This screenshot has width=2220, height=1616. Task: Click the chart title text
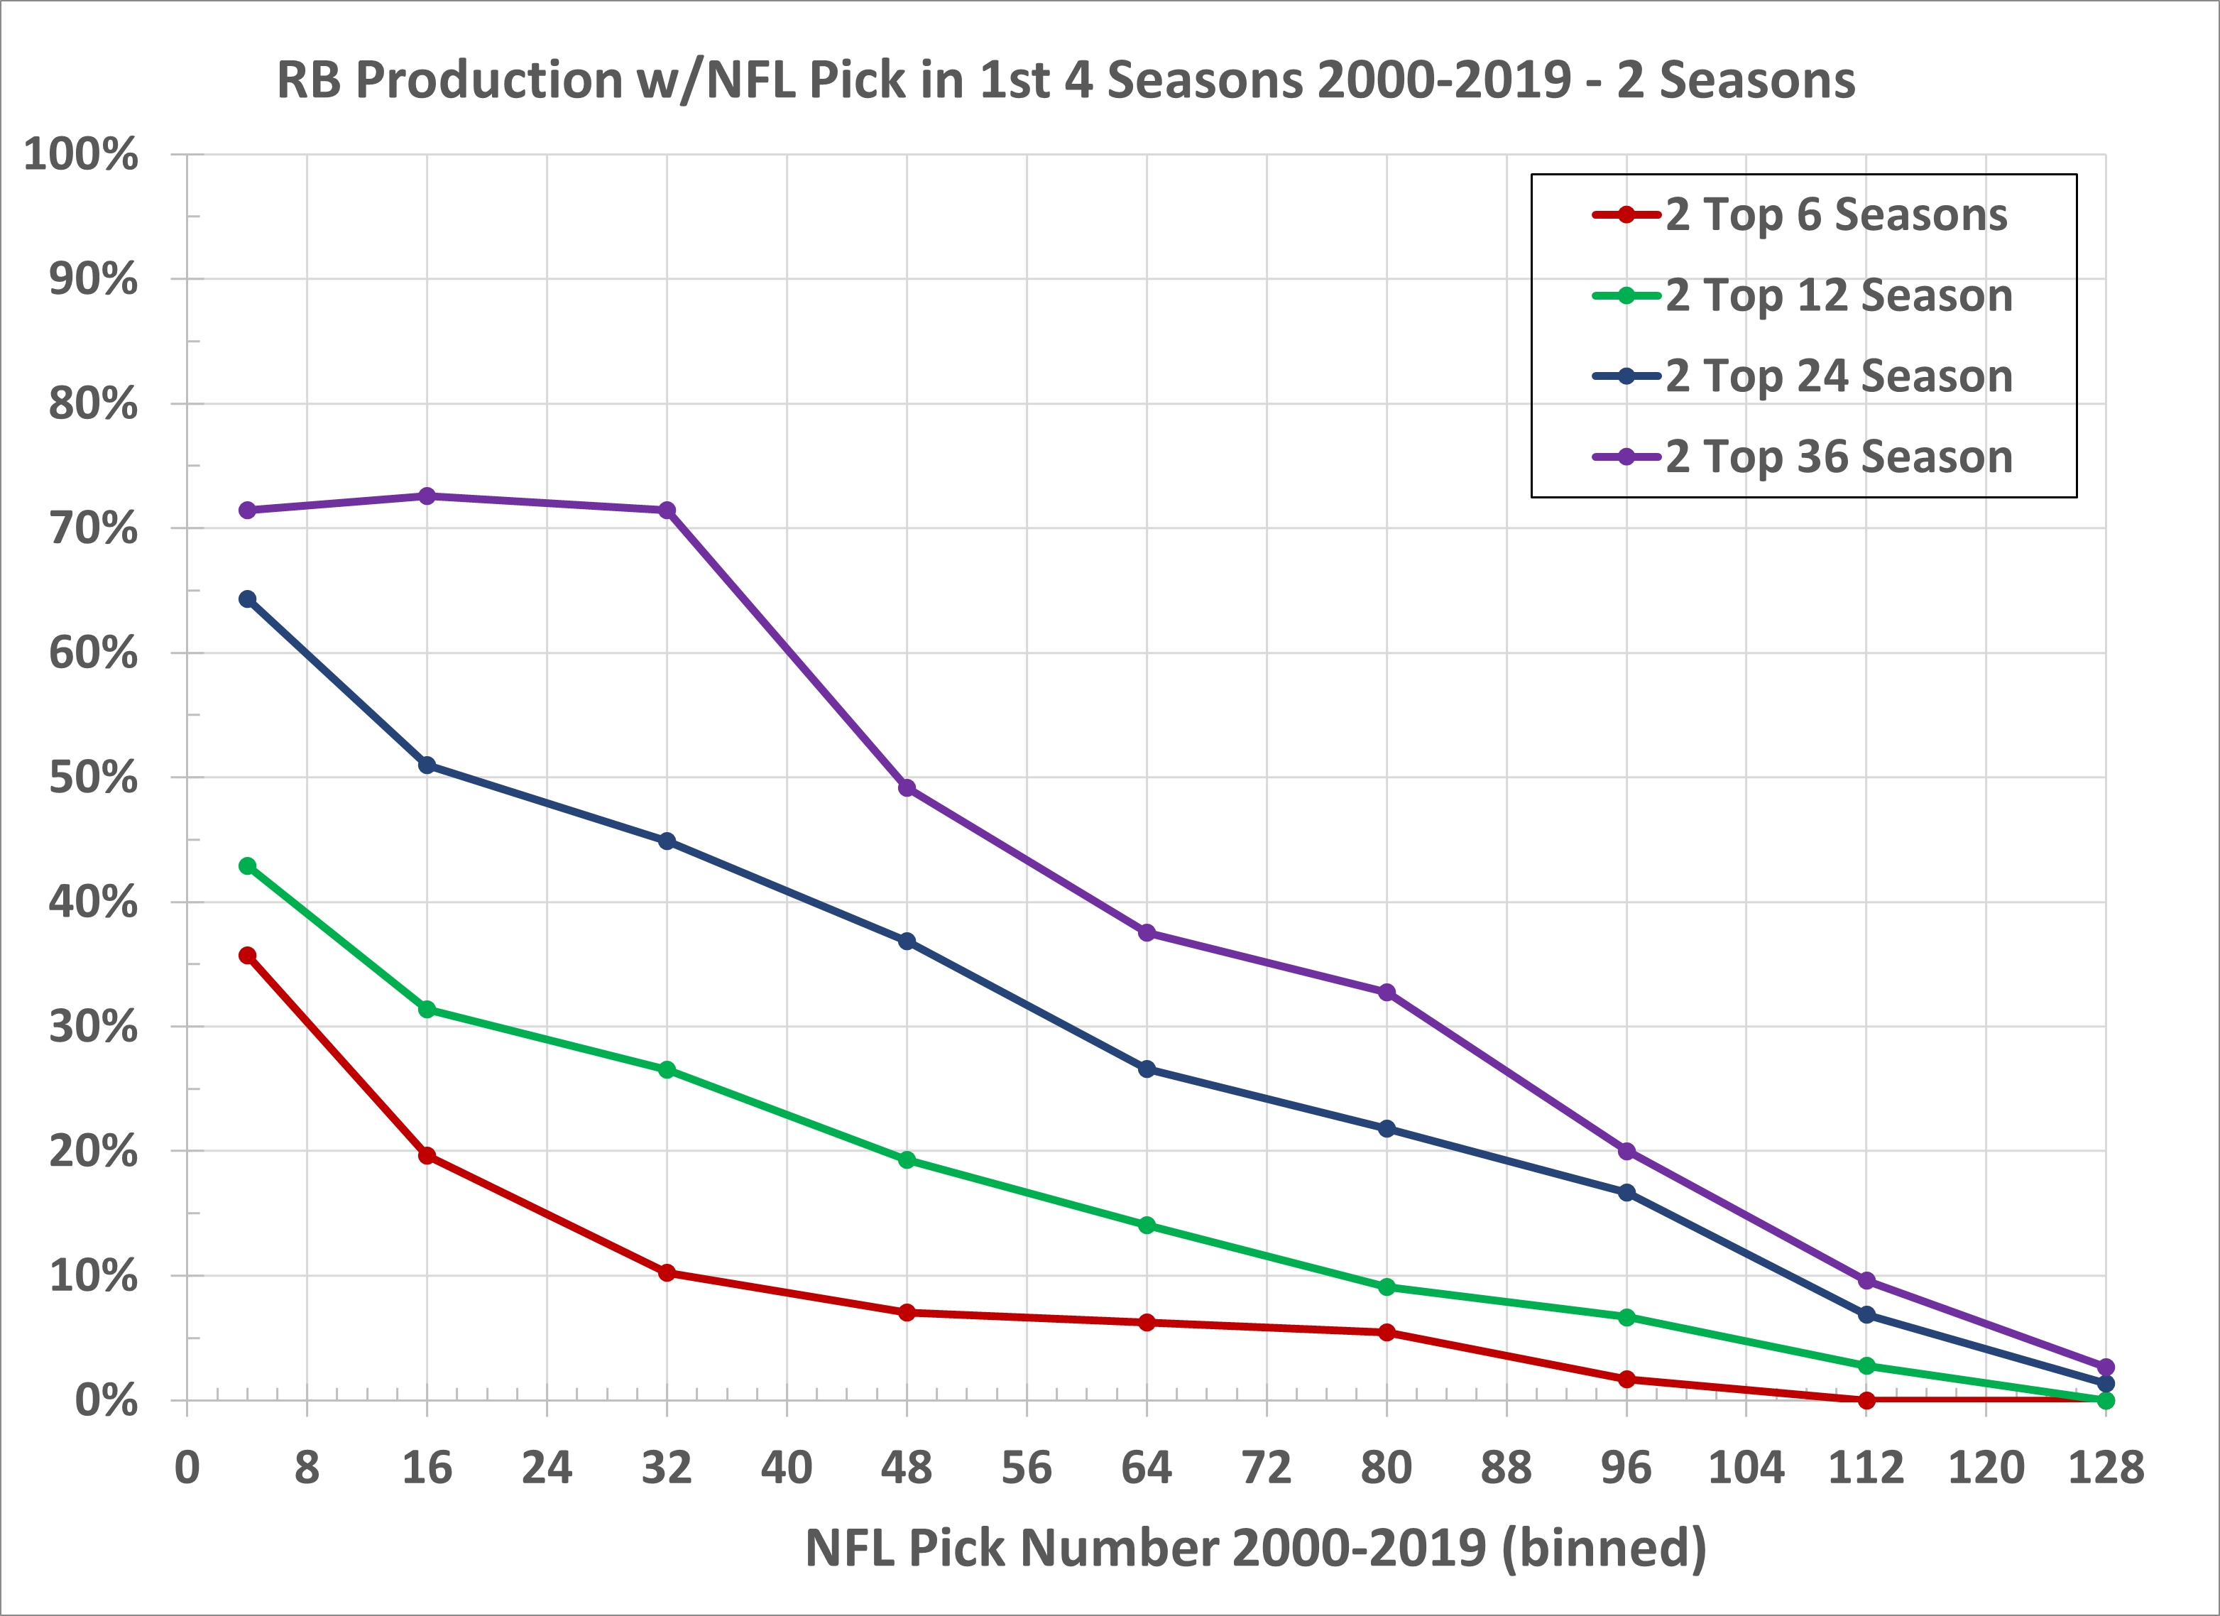tap(1065, 80)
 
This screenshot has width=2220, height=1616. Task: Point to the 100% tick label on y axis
tap(80, 155)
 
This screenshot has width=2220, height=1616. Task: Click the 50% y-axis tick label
tap(93, 778)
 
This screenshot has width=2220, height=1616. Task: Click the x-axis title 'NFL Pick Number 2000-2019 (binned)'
tap(1256, 1549)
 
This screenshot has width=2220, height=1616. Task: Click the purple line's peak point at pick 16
tap(427, 496)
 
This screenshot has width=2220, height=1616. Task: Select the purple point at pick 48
tap(907, 788)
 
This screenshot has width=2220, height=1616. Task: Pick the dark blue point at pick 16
tap(427, 765)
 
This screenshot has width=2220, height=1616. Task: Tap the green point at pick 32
tap(667, 1070)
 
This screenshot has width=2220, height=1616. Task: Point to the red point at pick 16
tap(427, 1156)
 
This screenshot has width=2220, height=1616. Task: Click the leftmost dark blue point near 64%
tap(248, 599)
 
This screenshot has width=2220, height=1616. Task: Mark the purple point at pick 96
tap(1626, 1151)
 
